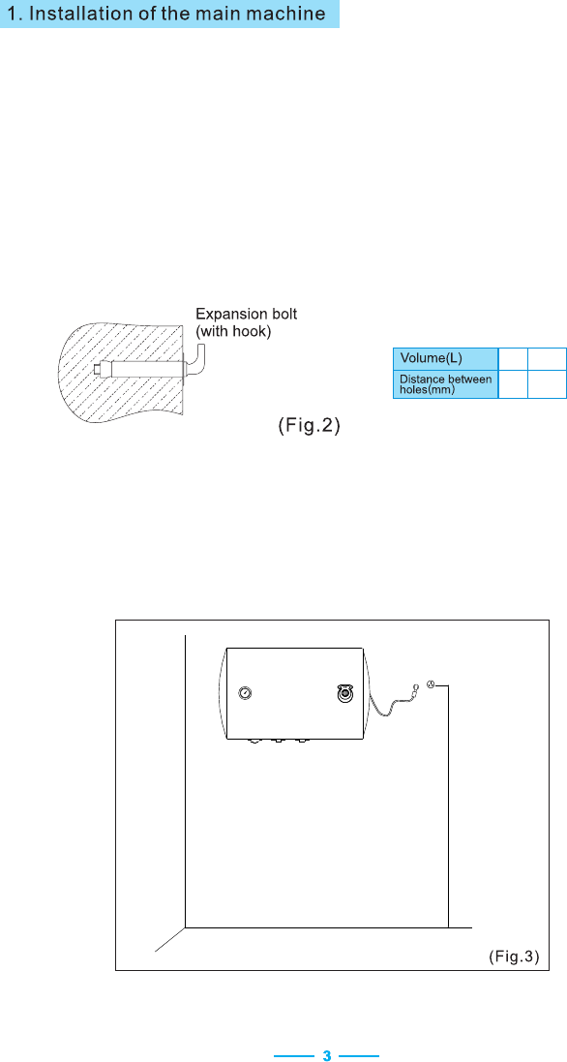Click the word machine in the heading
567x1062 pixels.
[x=288, y=14]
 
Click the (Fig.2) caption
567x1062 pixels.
[x=310, y=426]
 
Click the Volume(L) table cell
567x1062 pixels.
[x=445, y=359]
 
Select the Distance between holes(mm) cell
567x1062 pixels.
[x=445, y=384]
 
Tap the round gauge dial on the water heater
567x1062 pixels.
[x=245, y=693]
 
